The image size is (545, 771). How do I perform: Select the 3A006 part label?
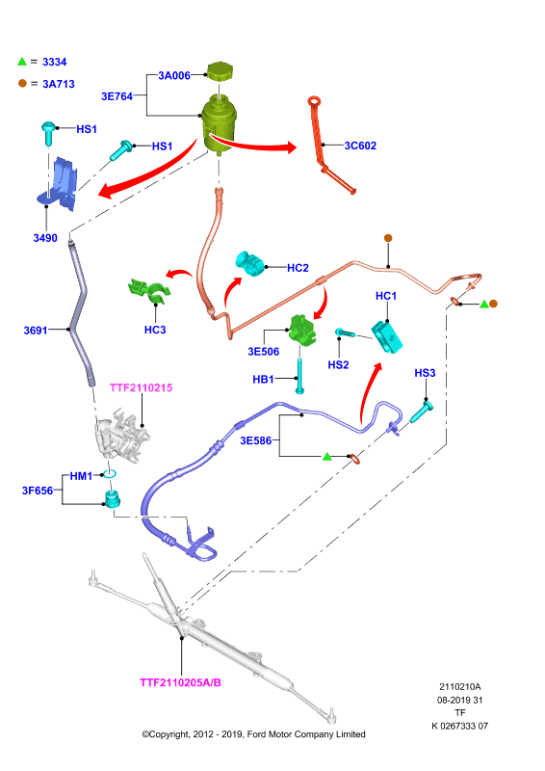tap(174, 76)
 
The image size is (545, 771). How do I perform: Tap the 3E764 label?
tap(117, 96)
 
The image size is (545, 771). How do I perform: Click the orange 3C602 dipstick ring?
tap(315, 102)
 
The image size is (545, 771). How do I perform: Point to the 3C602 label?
tap(360, 146)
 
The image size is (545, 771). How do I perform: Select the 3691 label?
tap(36, 331)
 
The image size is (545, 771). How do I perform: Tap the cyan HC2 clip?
tap(249, 264)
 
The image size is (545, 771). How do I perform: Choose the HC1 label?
tap(386, 296)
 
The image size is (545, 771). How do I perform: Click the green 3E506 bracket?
tap(301, 331)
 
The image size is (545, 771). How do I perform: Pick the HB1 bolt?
tap(299, 376)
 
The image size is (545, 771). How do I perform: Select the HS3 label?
tap(425, 373)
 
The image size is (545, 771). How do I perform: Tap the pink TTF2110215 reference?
tap(141, 388)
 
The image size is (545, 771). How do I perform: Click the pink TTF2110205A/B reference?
tap(180, 682)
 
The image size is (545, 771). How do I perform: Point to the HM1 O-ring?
tap(110, 474)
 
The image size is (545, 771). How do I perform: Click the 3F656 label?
tap(38, 491)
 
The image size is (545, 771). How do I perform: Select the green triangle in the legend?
tap(21, 62)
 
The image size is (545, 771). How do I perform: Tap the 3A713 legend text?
tap(59, 84)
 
